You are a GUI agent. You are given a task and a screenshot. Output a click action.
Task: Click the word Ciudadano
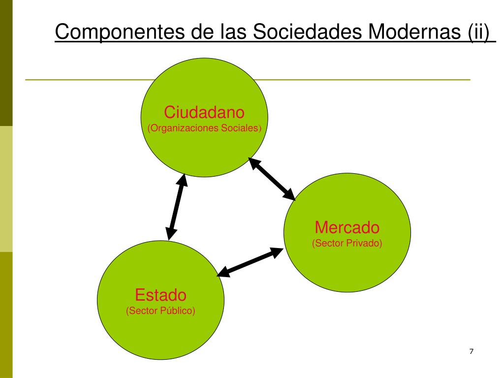coord(204,112)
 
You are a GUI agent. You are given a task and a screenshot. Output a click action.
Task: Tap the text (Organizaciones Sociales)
coord(204,128)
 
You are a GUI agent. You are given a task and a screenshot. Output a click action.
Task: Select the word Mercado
coord(347,227)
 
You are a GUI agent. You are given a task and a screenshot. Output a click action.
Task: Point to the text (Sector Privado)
coord(347,243)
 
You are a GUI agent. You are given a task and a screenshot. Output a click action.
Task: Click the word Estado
coord(161,295)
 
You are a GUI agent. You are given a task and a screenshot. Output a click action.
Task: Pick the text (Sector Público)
coord(161,311)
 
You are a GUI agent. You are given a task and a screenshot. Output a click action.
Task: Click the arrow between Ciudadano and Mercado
coord(272,179)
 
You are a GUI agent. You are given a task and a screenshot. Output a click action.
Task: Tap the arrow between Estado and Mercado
coord(251,261)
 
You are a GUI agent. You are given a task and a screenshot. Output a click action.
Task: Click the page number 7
coord(472,351)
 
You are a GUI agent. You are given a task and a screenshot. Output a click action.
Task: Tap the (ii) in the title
coord(478,33)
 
